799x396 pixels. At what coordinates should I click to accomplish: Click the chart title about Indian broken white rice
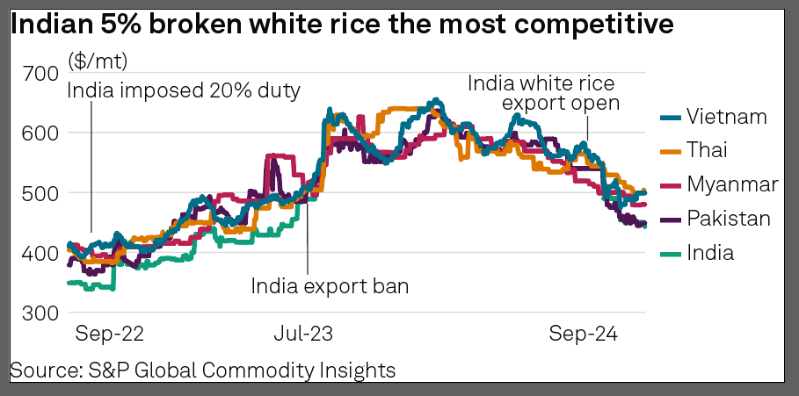point(342,26)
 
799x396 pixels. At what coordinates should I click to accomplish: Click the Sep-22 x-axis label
point(109,334)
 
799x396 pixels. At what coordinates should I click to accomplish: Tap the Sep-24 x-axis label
point(584,334)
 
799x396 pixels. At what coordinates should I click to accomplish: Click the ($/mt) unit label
point(97,61)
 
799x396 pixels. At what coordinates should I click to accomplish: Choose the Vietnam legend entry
point(727,116)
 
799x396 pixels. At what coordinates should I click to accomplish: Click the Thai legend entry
point(709,150)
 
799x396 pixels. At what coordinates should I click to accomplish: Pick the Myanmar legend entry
point(732,184)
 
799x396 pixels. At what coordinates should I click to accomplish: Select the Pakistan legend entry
point(729,219)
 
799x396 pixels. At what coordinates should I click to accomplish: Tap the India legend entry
point(710,253)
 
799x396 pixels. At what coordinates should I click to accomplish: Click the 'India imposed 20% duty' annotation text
point(184,90)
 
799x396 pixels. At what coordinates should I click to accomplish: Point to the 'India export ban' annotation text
point(330,285)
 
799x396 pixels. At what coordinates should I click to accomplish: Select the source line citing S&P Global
point(202,370)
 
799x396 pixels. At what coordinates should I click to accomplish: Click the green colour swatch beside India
point(669,253)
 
